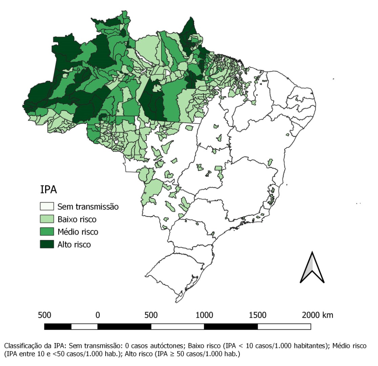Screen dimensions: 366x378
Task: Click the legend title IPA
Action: coord(48,190)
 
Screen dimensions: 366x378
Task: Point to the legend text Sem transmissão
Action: coord(88,206)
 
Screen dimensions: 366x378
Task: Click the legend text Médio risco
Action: coord(78,232)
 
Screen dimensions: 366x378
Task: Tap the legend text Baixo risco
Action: coord(77,219)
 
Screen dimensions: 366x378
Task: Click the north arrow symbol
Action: coord(312,267)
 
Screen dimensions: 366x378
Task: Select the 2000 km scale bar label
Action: coord(318,315)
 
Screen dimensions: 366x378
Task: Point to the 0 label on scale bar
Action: coord(98,315)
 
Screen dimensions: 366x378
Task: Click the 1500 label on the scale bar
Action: coord(257,315)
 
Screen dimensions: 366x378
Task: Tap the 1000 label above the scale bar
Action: coord(204,315)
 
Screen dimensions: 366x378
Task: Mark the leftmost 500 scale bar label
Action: coord(44,315)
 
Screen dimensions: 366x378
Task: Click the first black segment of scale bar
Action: coord(58,327)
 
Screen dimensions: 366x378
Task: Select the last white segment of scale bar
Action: coord(284,327)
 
